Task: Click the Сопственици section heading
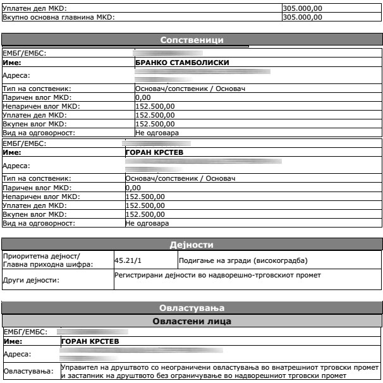pyautogui.click(x=191, y=40)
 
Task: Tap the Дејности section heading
pyautogui.click(x=191, y=245)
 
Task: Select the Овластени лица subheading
pyautogui.click(x=191, y=321)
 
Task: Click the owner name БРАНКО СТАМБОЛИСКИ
pyautogui.click(x=182, y=63)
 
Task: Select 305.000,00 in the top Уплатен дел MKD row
pyautogui.click(x=301, y=8)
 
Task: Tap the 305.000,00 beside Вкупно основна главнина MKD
pyautogui.click(x=301, y=17)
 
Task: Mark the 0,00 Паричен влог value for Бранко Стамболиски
pyautogui.click(x=143, y=97)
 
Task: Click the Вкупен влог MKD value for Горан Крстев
pyautogui.click(x=145, y=215)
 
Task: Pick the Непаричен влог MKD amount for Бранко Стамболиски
pyautogui.click(x=155, y=106)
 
